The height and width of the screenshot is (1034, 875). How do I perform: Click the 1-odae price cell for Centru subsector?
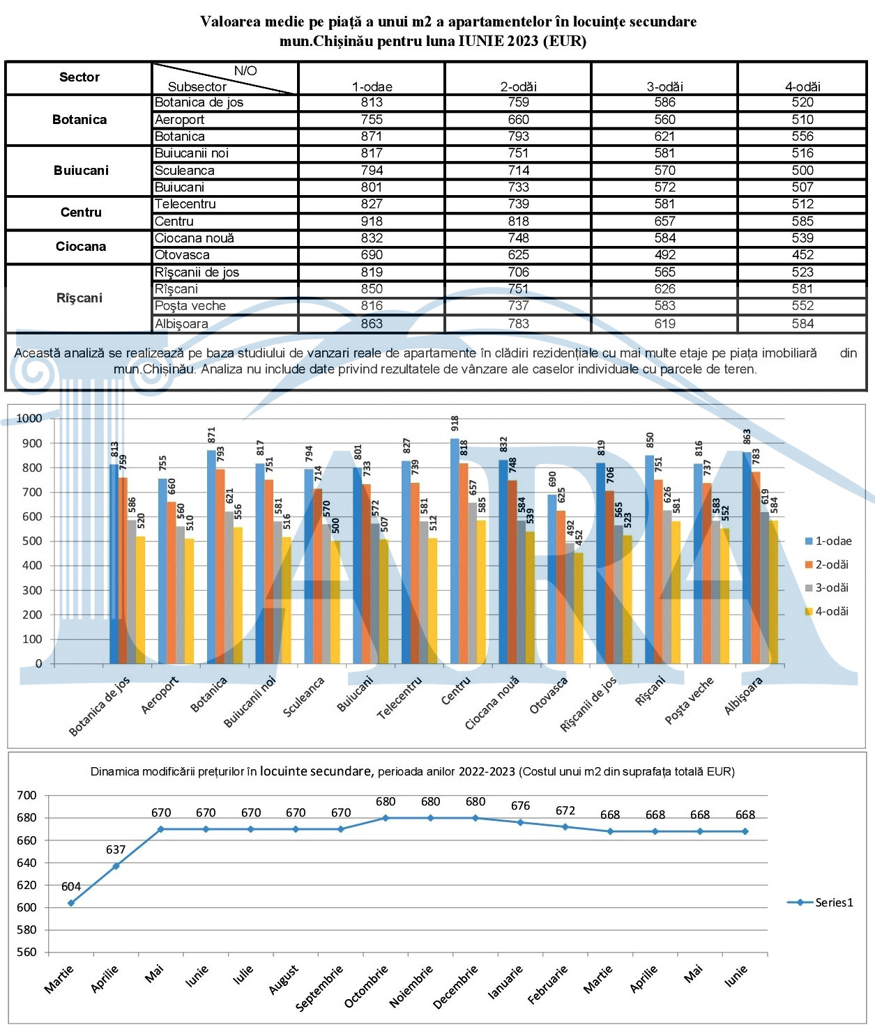pos(372,221)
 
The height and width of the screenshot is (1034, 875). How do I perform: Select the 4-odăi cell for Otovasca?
pos(802,255)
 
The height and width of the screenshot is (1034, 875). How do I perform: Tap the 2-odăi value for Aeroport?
pos(518,120)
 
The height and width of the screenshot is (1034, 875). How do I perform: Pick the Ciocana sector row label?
pos(80,247)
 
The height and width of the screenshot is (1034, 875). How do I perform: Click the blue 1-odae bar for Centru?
pos(455,551)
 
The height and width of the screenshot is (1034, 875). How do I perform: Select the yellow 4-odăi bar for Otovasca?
pos(579,608)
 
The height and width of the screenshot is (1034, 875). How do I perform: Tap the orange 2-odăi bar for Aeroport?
pos(172,582)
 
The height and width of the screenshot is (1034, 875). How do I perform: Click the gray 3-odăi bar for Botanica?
pos(229,587)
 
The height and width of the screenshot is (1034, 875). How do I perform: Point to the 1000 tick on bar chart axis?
pos(29,418)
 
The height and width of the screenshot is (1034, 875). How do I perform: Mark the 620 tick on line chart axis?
pos(26,885)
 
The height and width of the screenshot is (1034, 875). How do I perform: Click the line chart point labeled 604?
pos(71,903)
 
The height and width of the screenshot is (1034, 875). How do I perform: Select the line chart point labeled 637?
pos(116,866)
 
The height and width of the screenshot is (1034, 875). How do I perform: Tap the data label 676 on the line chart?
pos(520,805)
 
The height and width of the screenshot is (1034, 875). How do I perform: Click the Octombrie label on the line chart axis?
pos(367,985)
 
